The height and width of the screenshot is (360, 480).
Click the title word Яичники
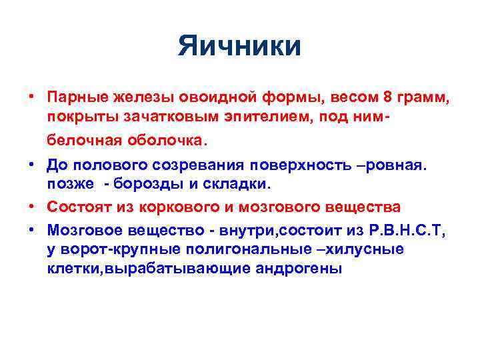click(239, 47)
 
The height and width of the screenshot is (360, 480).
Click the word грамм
click(422, 98)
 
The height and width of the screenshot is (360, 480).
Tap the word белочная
click(81, 141)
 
